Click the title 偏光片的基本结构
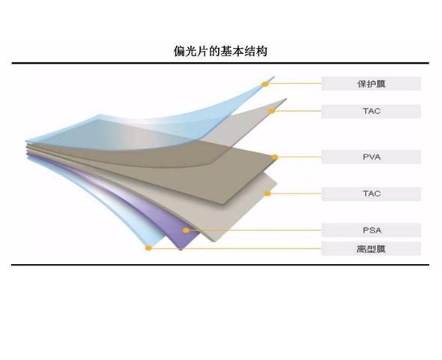coord(220,51)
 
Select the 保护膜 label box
coord(371,83)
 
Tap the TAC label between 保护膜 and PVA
coord(371,111)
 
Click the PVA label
coord(371,157)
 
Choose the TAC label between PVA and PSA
coord(371,193)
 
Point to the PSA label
coord(371,230)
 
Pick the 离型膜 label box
coord(371,249)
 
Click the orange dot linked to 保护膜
coord(265,84)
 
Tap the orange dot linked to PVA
coord(274,157)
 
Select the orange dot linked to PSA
coord(186,230)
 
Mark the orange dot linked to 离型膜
coord(148,248)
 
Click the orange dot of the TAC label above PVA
coord(271,111)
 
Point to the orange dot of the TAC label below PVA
coord(267,193)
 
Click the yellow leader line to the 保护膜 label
coord(295,83)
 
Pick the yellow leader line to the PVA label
coord(300,157)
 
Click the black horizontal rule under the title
coord(220,63)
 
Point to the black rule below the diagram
coord(220,265)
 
